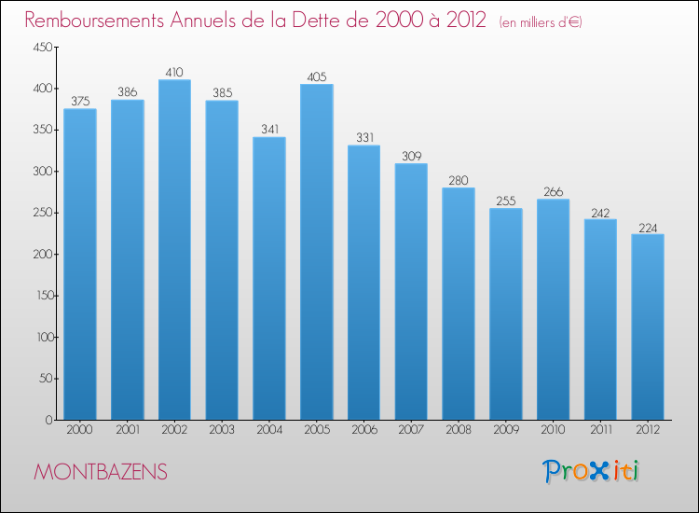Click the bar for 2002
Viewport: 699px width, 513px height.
pos(174,250)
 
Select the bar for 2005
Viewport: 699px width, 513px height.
pos(316,252)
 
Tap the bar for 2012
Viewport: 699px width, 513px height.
pos(648,326)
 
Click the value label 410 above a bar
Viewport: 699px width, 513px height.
pos(174,71)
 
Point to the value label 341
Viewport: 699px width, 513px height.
pos(269,129)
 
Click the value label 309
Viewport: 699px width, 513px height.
pos(411,155)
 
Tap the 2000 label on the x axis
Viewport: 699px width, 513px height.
pos(79,431)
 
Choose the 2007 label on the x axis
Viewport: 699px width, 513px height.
pos(411,431)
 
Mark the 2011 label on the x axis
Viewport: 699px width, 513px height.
pos(600,431)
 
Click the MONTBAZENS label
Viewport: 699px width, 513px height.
pos(100,473)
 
